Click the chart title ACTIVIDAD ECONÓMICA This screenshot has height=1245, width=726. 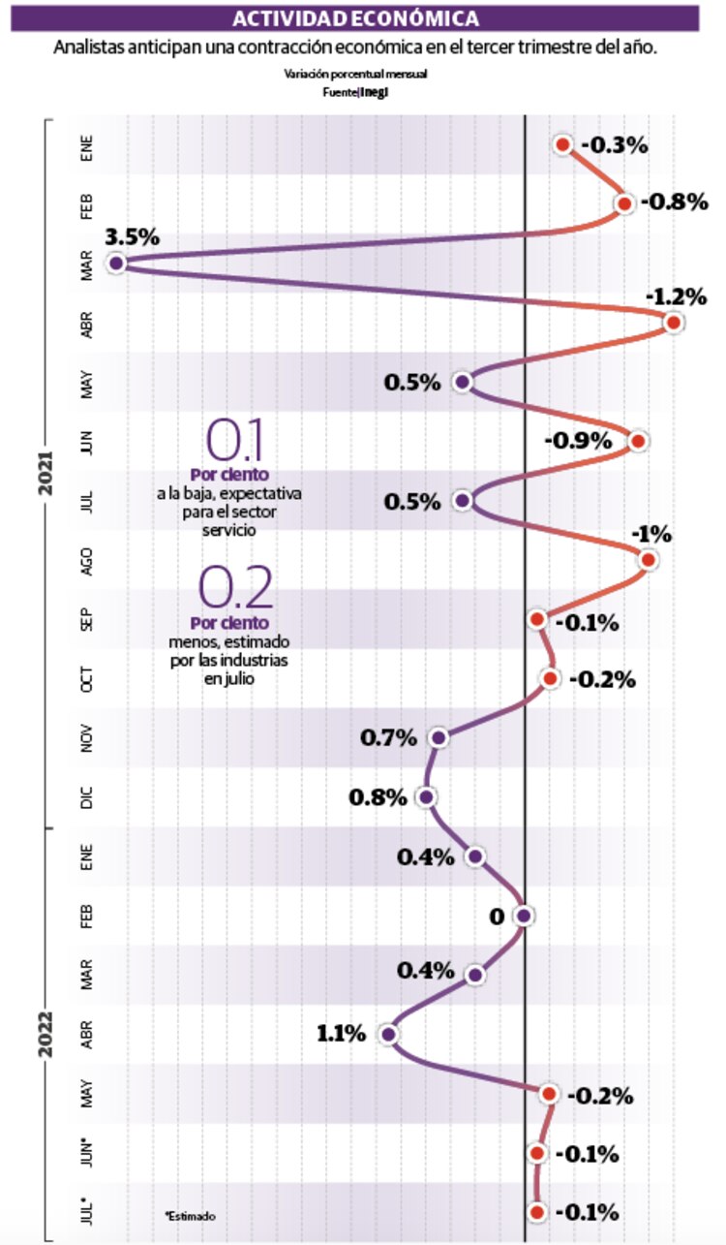(357, 18)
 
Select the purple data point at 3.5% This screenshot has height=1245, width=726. (117, 263)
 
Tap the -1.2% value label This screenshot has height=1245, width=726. (672, 295)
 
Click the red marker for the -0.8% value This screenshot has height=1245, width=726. (624, 203)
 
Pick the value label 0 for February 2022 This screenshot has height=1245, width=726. (497, 916)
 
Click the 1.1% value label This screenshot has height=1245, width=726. (341, 1034)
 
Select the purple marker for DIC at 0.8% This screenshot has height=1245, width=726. (426, 797)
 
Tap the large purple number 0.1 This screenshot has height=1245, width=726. (236, 441)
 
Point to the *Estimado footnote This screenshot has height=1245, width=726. (190, 1215)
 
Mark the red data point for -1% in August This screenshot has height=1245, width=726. (648, 560)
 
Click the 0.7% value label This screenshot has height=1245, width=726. (388, 738)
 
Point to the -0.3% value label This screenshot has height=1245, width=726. (615, 145)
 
